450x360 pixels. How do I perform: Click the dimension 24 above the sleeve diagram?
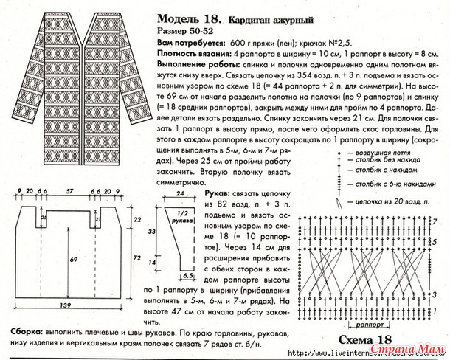point(179,194)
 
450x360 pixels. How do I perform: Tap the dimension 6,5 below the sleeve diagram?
point(187,275)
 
